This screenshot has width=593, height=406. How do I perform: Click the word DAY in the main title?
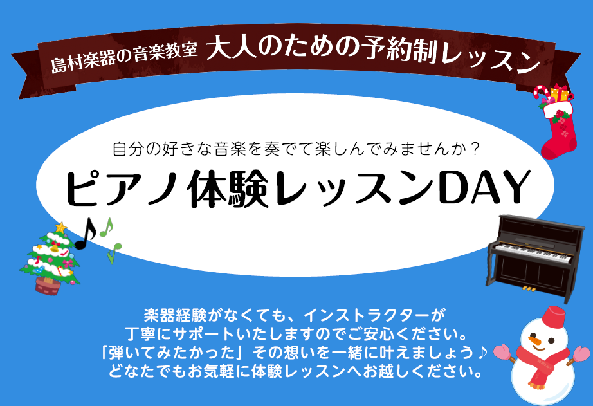point(486,188)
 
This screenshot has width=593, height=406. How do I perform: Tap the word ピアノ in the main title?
point(123,188)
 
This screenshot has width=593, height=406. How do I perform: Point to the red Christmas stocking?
point(559,130)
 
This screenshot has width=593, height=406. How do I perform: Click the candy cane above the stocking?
point(541,93)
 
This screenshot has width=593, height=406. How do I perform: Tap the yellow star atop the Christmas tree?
point(60,227)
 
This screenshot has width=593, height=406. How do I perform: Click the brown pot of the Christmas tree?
point(48,285)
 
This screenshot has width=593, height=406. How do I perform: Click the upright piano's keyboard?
point(533,253)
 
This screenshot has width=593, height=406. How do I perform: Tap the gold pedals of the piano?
point(529,290)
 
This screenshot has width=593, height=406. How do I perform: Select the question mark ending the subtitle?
point(475,149)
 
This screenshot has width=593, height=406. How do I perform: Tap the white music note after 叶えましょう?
point(482,353)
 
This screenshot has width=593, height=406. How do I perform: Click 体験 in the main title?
point(228,189)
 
